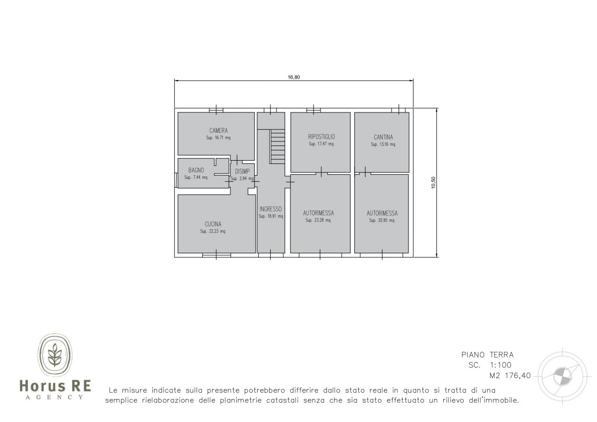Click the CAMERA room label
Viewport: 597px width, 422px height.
218,130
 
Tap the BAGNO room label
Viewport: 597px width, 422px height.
196,170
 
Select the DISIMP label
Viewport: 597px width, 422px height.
242,171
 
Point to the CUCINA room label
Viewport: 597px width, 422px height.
213,224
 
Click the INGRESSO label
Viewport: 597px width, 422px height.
271,209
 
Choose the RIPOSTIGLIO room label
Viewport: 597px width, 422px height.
321,137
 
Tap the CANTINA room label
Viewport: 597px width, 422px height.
383,137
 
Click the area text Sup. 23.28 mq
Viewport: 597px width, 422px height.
318,220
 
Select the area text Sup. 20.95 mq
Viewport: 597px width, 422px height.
382,220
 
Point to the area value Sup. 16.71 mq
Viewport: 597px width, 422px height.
218,138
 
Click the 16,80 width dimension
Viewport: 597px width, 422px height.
294,77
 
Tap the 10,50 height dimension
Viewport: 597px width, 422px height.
433,183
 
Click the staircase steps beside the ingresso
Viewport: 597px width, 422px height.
278,146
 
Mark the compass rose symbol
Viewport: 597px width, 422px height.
562,376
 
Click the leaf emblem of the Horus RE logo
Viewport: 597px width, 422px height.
55,355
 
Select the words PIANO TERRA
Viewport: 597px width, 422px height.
488,355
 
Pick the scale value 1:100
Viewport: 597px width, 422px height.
501,365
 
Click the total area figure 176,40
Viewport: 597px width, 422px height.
518,376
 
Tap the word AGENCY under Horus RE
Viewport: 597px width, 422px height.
54,397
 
